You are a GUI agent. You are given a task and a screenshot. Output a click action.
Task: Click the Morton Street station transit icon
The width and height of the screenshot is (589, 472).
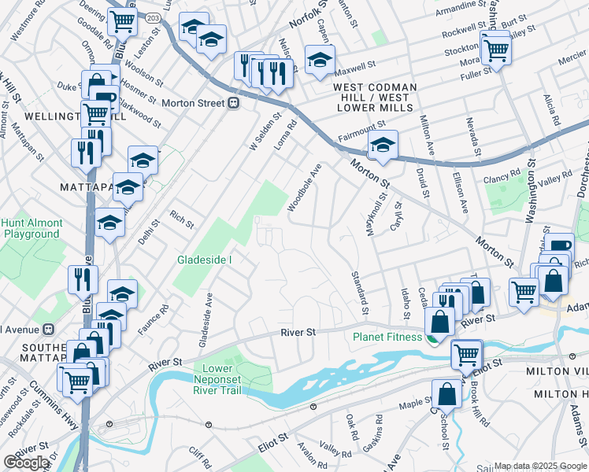point(233,103)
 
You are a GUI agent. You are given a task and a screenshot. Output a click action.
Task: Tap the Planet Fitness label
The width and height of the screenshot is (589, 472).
point(387,337)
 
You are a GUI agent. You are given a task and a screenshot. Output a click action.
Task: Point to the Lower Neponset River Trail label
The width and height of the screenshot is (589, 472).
point(218,374)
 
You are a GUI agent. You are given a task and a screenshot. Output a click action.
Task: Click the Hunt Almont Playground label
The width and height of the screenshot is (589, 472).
point(31,228)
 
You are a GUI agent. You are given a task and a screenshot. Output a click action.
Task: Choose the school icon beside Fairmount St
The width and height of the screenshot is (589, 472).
point(383,144)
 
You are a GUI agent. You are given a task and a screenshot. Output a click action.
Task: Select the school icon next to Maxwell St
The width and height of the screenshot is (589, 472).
point(320,59)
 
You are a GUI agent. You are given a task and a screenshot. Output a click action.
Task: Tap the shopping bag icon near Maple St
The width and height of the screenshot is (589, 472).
point(446,393)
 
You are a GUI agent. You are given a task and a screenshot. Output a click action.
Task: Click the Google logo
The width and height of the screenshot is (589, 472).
point(27,463)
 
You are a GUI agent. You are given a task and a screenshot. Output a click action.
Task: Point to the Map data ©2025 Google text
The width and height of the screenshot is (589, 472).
point(540,466)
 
